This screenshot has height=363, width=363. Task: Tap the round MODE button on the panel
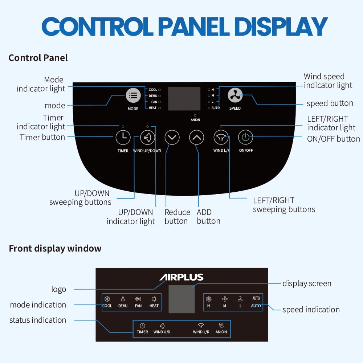click(x=133, y=95)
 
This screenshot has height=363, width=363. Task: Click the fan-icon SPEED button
click(x=235, y=95)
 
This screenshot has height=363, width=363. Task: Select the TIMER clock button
click(x=123, y=138)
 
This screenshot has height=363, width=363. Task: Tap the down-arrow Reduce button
click(x=172, y=138)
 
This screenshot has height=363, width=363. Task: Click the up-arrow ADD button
click(x=197, y=138)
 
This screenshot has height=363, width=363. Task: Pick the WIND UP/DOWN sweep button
click(x=147, y=138)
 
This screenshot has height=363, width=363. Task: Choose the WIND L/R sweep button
click(x=221, y=138)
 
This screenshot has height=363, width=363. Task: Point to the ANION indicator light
click(x=195, y=115)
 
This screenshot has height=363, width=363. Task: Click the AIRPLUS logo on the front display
click(x=181, y=278)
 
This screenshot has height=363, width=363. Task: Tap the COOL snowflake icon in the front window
click(x=107, y=299)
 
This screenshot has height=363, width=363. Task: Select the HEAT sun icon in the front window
click(x=154, y=299)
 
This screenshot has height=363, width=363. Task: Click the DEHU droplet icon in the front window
click(x=123, y=299)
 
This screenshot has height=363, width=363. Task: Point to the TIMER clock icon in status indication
click(x=142, y=326)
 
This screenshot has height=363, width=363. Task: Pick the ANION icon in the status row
click(x=221, y=326)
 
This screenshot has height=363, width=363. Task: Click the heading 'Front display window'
click(x=55, y=249)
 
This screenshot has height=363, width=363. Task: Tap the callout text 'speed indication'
click(x=311, y=310)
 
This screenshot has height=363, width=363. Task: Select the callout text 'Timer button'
click(x=42, y=137)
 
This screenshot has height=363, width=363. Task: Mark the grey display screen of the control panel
click(x=184, y=99)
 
